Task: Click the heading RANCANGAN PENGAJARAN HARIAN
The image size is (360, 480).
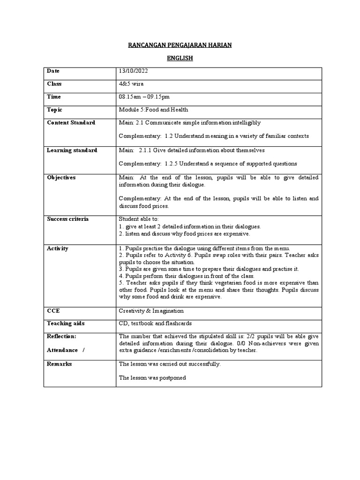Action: click(x=180, y=45)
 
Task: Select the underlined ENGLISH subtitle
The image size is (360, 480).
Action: click(x=180, y=59)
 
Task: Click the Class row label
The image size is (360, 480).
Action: click(x=54, y=84)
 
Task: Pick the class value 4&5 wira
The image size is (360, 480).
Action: click(x=132, y=84)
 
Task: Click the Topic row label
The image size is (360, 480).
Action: click(x=54, y=110)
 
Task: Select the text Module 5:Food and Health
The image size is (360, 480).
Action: click(x=153, y=110)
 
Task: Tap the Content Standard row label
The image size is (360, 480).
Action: click(x=71, y=123)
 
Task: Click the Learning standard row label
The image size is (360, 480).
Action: click(x=72, y=150)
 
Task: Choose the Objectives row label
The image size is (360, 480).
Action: click(x=61, y=178)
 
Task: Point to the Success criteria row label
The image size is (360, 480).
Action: click(x=67, y=219)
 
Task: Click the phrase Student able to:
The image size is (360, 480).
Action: click(x=139, y=219)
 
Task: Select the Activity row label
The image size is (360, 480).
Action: click(x=57, y=248)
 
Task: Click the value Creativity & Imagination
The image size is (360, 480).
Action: click(x=151, y=311)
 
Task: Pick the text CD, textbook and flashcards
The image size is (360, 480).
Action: click(x=155, y=323)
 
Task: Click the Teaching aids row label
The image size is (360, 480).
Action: click(x=66, y=323)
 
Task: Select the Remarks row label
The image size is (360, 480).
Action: click(x=59, y=364)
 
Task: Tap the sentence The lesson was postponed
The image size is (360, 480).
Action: click(x=152, y=377)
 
